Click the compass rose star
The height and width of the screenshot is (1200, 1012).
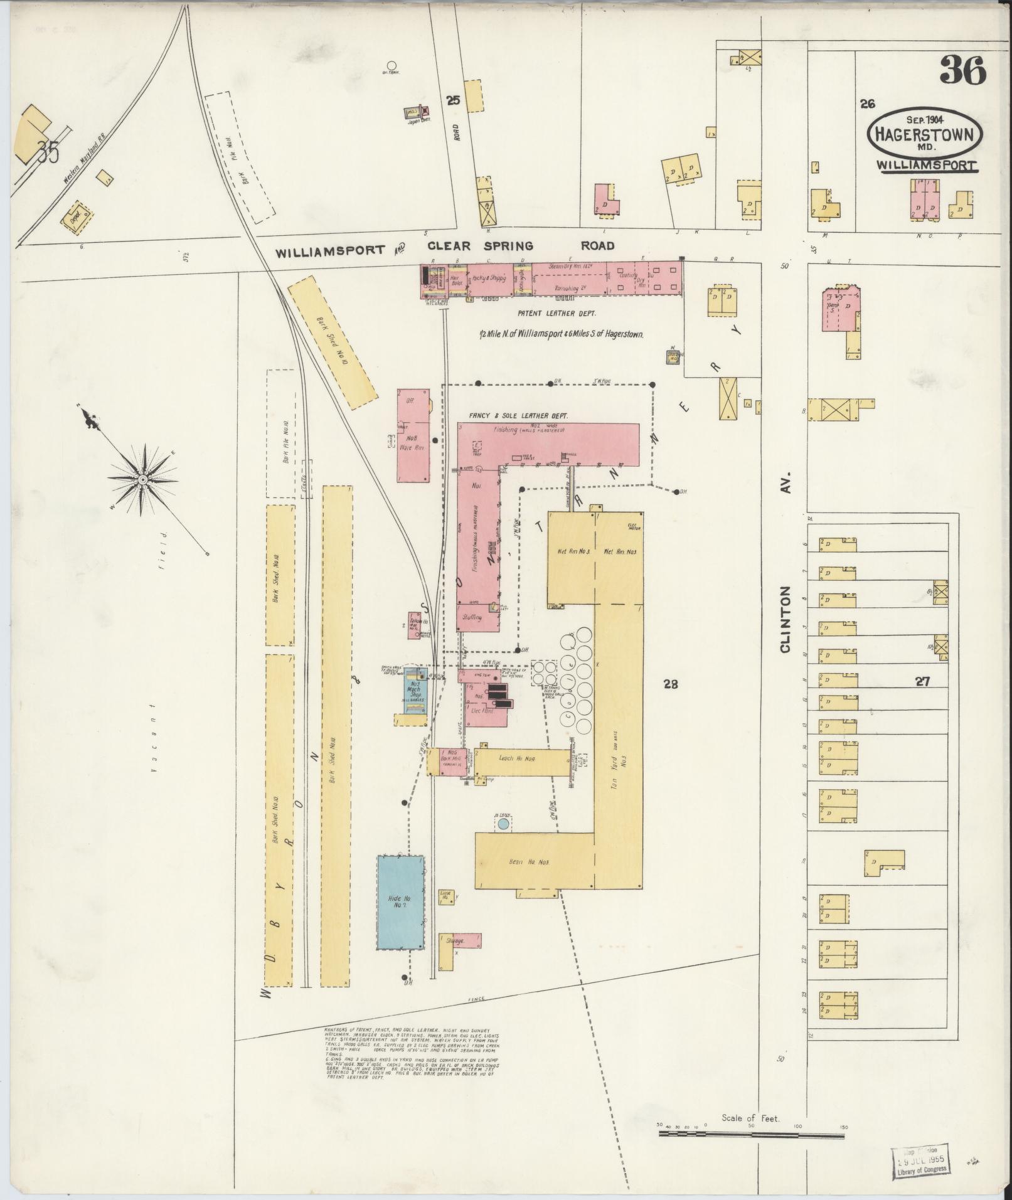coord(142,479)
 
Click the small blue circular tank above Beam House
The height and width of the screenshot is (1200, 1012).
coord(503,824)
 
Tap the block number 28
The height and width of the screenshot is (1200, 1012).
coord(671,684)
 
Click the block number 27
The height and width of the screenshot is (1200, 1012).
coord(922,682)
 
